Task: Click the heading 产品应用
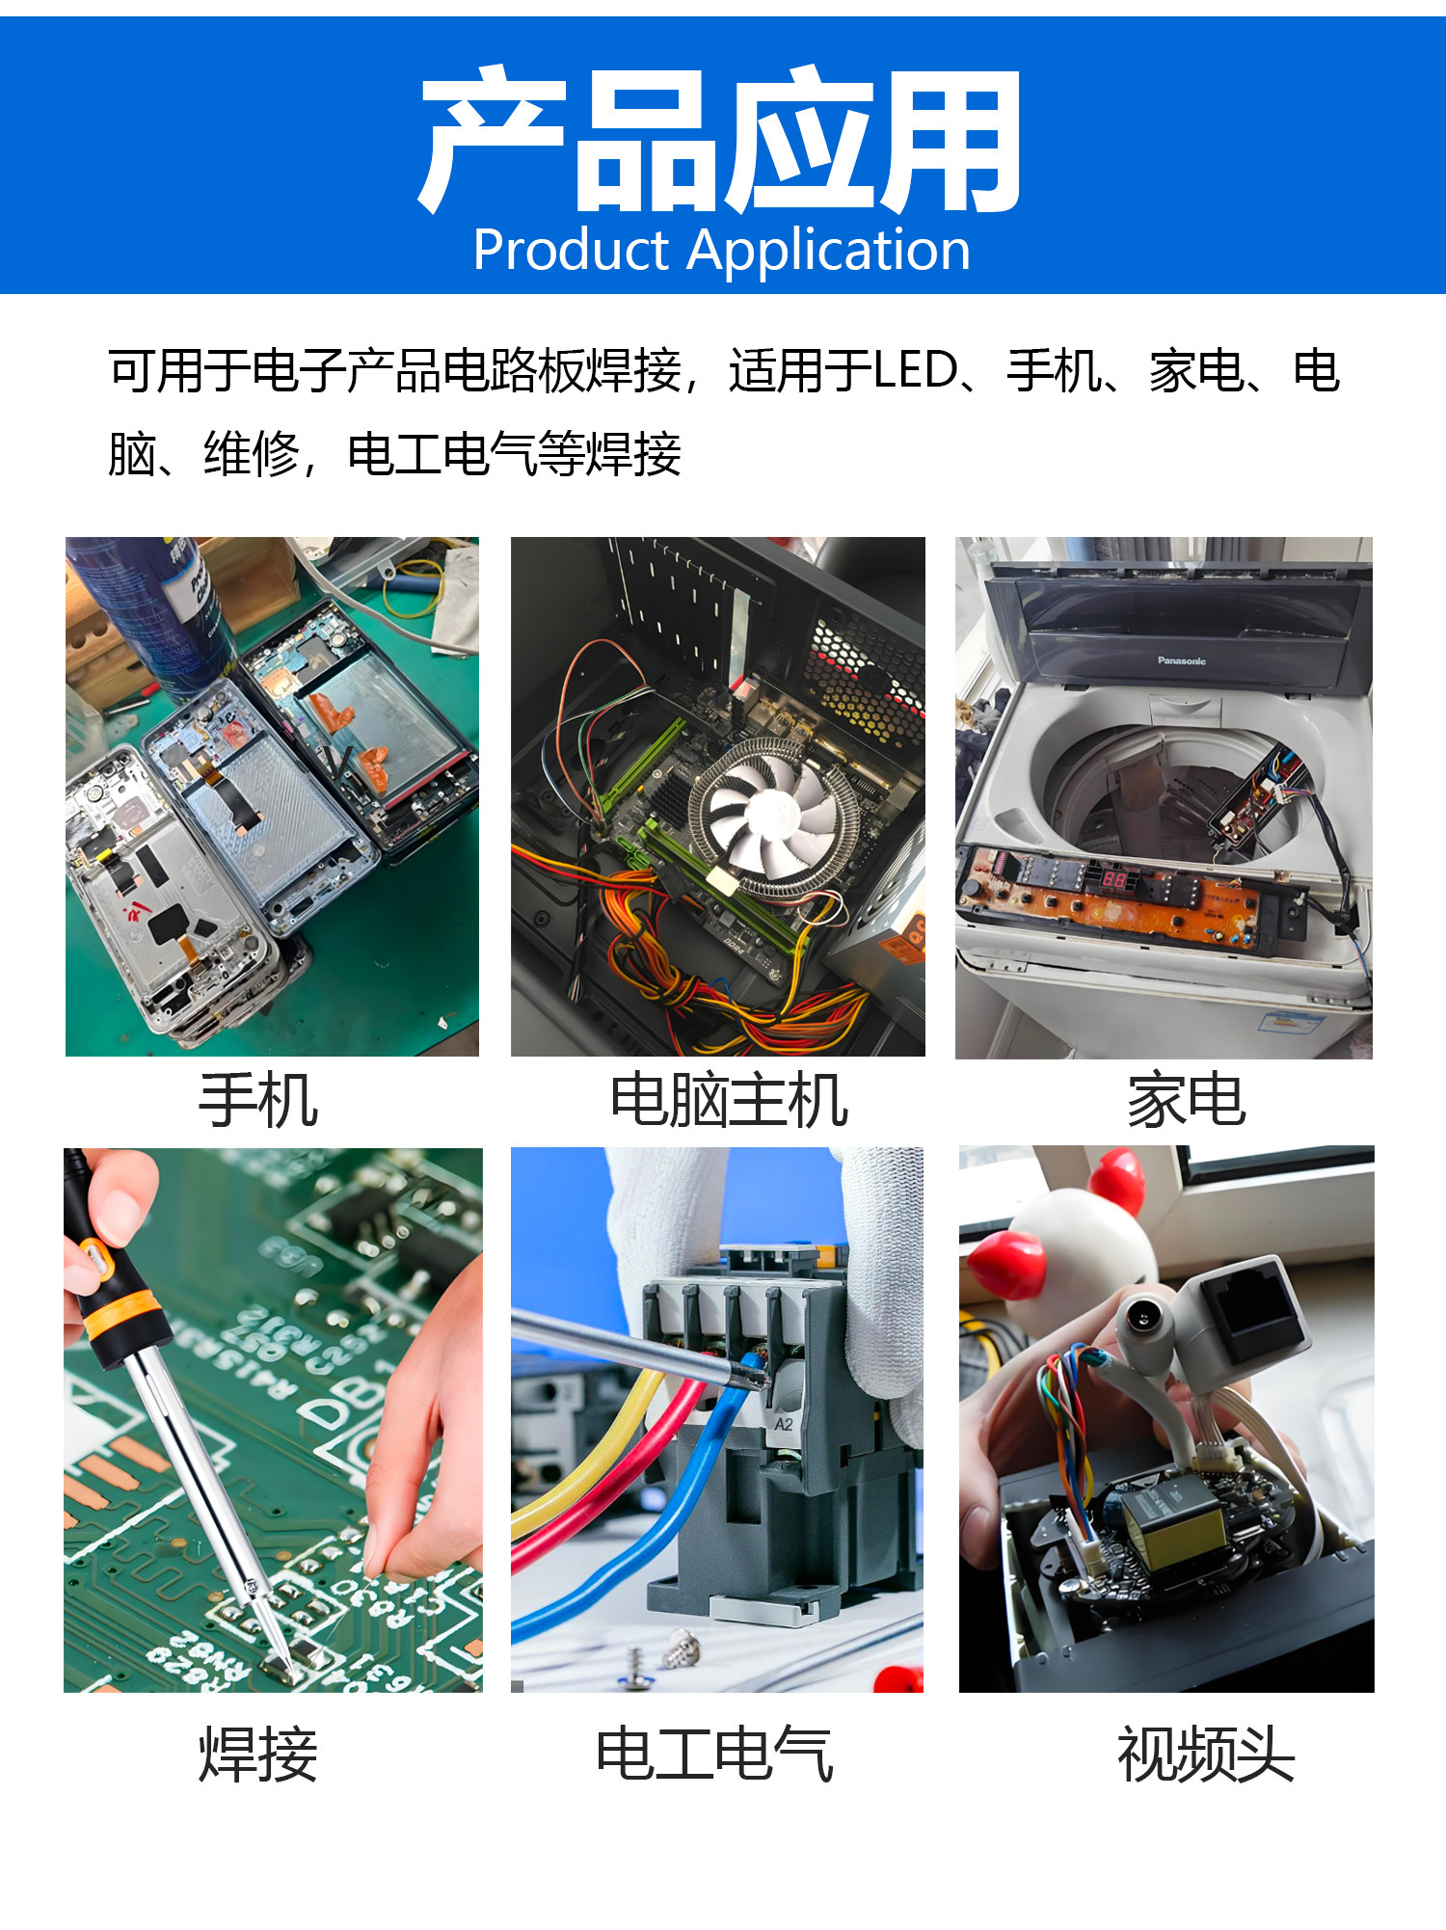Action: pos(720,140)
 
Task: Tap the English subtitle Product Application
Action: pos(722,250)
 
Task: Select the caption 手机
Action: pos(257,1100)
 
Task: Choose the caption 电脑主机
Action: pos(729,1100)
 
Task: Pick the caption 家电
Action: pos(1187,1100)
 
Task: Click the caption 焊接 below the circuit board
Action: pos(257,1755)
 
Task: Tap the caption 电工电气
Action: pos(714,1755)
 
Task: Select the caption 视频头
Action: pos(1206,1755)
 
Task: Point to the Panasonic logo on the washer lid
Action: pos(1182,661)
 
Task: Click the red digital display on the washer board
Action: pos(1113,878)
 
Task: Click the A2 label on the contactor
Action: pos(784,1423)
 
